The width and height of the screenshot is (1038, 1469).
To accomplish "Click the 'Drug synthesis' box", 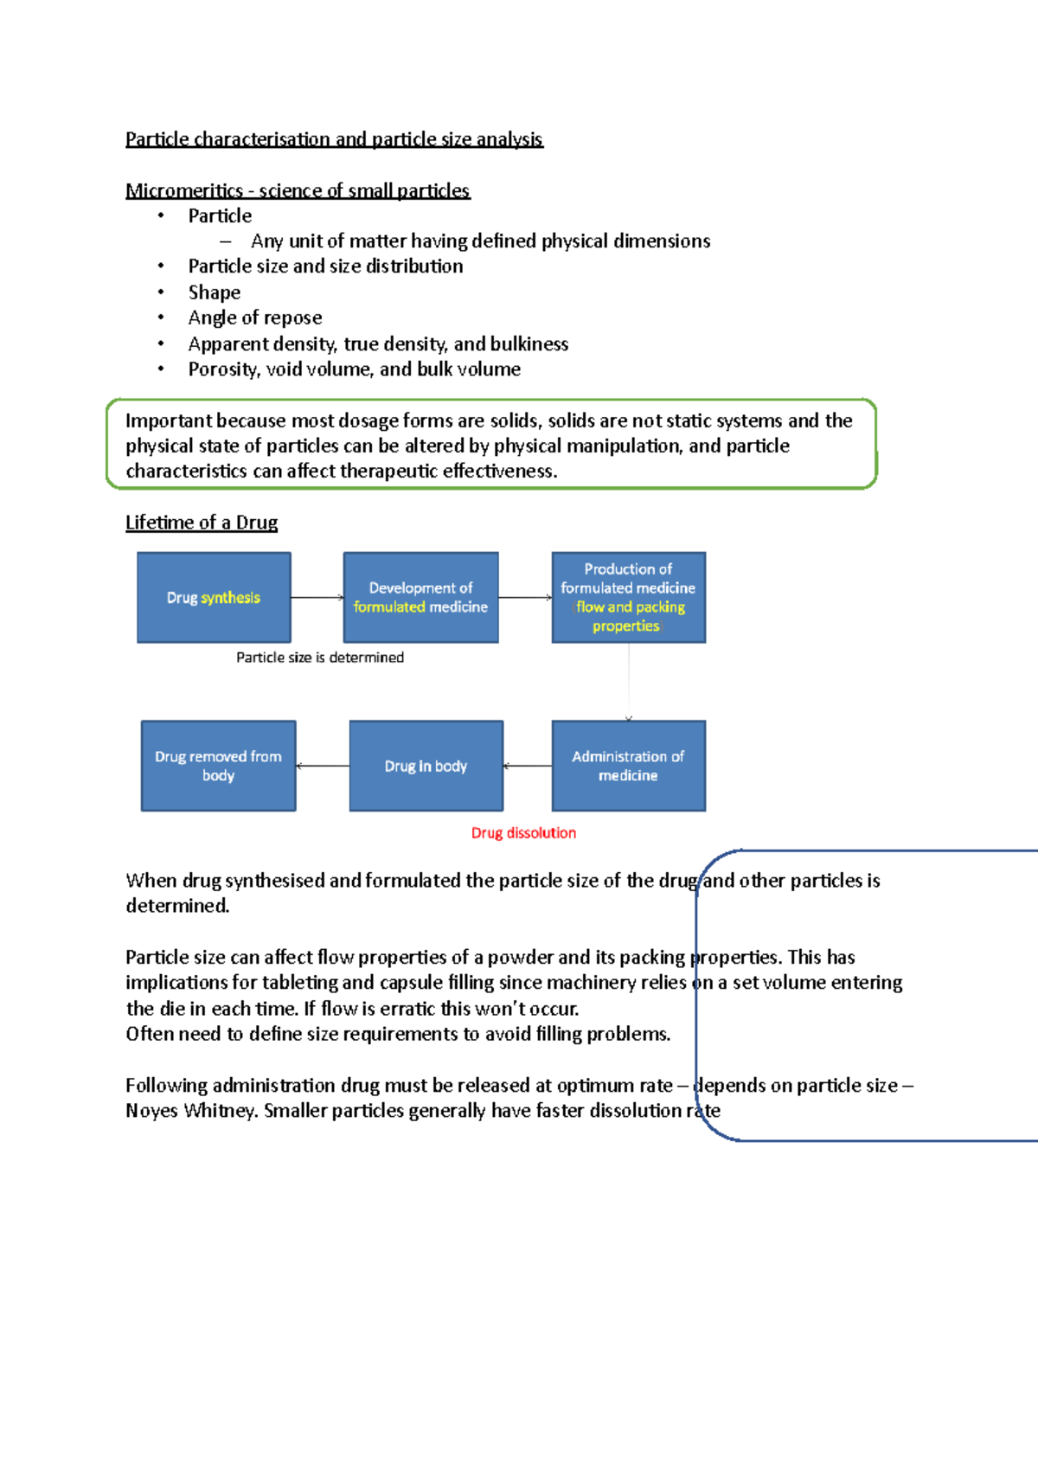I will (x=214, y=598).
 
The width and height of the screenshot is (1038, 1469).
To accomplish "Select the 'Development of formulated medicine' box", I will (x=420, y=598).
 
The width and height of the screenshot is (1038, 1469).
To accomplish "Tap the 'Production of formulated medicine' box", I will (x=628, y=598).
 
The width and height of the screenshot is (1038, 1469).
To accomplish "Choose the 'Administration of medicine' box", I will (x=628, y=766).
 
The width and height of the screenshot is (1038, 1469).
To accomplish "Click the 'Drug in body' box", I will (x=426, y=766).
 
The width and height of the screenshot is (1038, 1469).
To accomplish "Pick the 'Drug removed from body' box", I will (x=218, y=766).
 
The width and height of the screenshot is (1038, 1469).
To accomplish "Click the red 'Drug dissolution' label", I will (x=523, y=833).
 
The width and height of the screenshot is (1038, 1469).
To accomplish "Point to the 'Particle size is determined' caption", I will (x=320, y=658).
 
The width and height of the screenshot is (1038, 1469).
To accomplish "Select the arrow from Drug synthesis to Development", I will (x=317, y=598).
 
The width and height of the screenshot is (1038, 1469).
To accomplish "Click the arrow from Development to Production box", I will (x=525, y=598).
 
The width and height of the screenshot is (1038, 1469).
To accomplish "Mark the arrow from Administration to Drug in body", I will (x=528, y=766).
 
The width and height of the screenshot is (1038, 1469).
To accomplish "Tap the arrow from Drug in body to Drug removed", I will (x=323, y=766).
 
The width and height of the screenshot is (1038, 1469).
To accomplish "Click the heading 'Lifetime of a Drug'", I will (x=202, y=523).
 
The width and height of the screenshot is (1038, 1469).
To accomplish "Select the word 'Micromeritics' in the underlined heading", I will (x=184, y=190).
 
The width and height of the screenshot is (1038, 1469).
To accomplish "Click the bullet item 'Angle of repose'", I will (x=255, y=318).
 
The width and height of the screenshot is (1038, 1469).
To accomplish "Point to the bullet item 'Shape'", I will (x=215, y=292).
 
